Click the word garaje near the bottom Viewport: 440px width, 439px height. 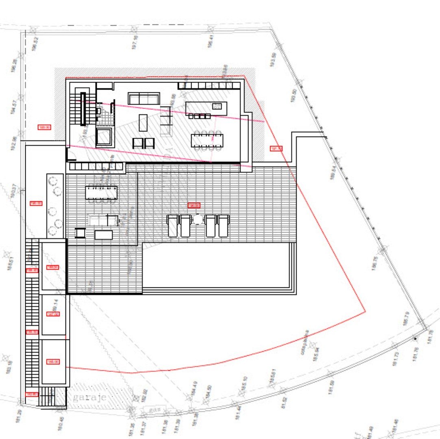(90, 398)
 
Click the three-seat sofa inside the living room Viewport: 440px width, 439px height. (143, 98)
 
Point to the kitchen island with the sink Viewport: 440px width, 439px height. (206, 108)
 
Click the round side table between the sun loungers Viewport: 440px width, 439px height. (198, 219)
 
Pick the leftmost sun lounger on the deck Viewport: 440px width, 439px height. (172, 226)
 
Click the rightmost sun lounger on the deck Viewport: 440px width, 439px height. (223, 226)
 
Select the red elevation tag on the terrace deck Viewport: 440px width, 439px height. (194, 205)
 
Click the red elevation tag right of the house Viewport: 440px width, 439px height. (276, 149)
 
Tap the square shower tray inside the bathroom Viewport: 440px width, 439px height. (105, 137)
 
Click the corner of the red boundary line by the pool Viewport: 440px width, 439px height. (365, 312)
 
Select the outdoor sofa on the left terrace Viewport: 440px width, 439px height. (103, 220)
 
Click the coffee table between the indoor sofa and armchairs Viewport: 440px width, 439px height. (143, 122)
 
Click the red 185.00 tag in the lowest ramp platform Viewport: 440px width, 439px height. (53, 362)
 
